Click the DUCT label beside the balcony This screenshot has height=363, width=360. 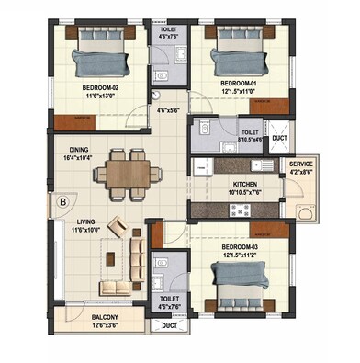(x=169, y=326)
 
